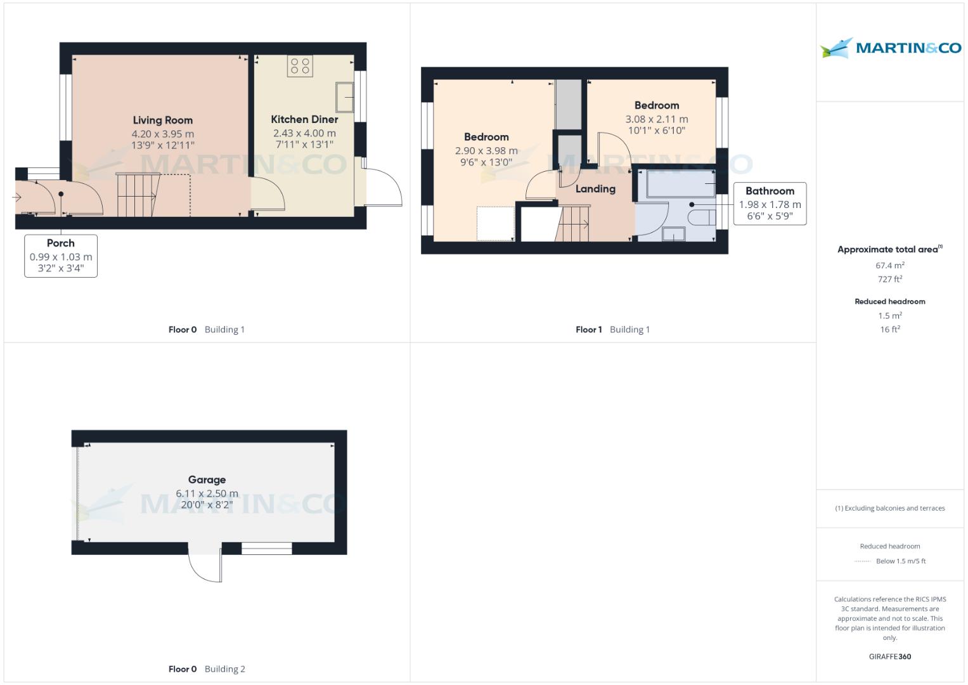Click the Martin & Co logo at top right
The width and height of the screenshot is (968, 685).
coord(890,48)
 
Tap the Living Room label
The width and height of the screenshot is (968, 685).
coord(162,120)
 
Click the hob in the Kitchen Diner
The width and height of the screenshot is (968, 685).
coord(300,65)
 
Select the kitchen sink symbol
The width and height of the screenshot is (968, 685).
coord(345,97)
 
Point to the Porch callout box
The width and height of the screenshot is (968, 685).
coord(61,256)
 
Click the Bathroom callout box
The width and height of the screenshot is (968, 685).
coord(770,204)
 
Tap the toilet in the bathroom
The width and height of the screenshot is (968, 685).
coord(701,219)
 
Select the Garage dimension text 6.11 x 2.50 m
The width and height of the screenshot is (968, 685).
coord(207,493)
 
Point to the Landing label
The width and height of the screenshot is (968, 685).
coord(595,189)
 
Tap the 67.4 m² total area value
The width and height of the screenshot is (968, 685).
coord(889,266)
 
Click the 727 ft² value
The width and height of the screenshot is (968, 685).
coord(889,279)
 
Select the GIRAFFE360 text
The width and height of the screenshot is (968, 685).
coord(889,656)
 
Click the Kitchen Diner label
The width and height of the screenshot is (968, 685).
coord(304,119)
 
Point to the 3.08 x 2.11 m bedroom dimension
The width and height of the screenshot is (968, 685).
coord(656,119)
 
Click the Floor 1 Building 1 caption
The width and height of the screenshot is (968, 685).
coord(612,330)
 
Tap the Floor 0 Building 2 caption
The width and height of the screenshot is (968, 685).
coord(207,669)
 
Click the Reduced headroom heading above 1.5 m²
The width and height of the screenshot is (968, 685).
coord(889,302)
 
